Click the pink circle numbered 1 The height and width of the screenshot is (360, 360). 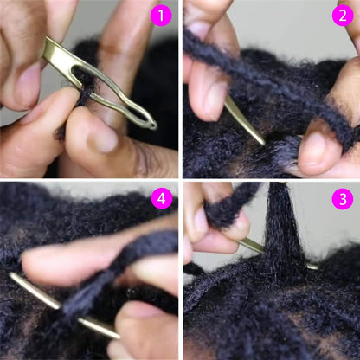161,16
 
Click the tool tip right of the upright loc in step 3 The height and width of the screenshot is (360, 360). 312,266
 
